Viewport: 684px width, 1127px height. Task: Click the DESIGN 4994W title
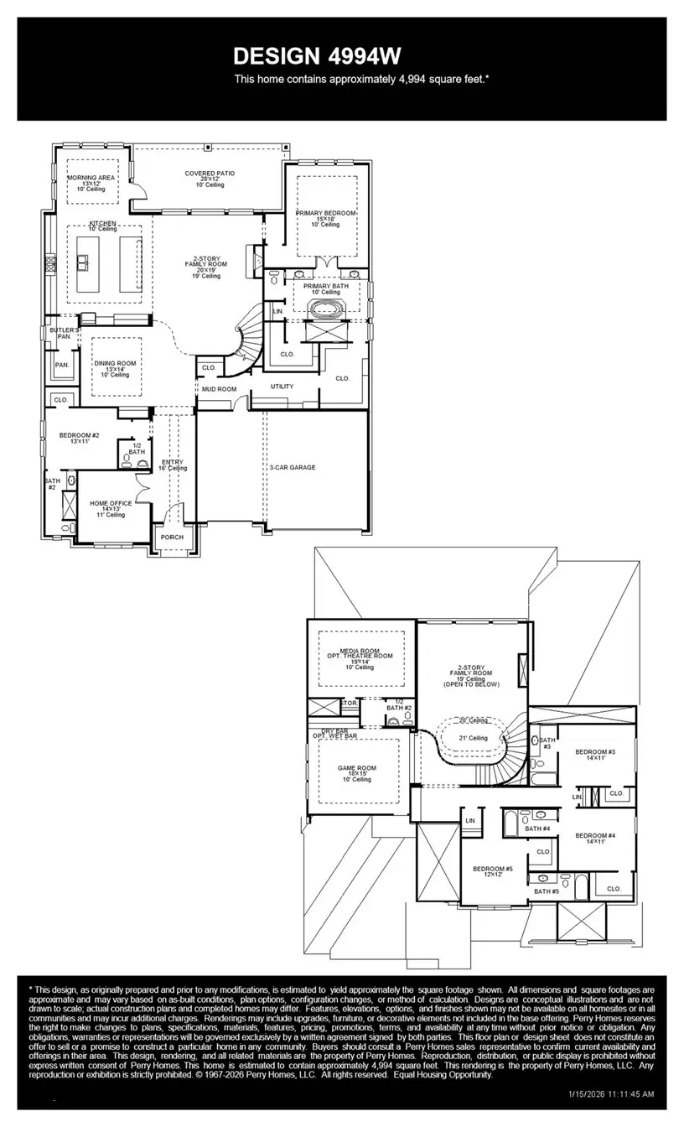317,56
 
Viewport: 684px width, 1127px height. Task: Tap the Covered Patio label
210,174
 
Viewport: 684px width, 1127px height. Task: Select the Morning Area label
93,178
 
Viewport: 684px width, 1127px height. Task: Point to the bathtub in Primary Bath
325,309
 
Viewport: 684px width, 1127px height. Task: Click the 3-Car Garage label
293,467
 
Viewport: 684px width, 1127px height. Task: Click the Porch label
172,538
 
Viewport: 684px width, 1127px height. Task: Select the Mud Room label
219,389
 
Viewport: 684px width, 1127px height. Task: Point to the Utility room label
282,387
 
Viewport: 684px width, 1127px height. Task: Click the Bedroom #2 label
79,435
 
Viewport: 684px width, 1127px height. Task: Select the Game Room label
356,768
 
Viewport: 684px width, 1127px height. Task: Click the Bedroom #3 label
595,752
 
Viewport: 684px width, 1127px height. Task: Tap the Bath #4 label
537,828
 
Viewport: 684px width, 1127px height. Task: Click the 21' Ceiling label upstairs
473,738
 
